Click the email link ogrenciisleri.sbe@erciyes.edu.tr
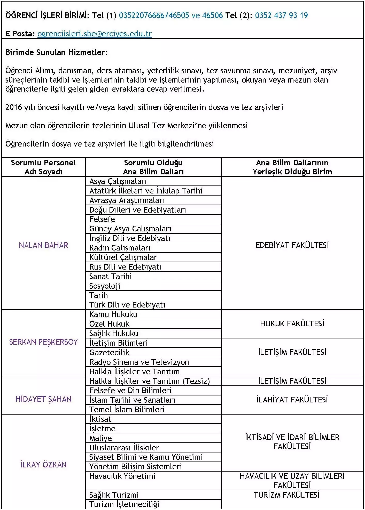(95, 34)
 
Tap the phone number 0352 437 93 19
(281, 15)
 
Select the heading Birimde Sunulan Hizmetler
(56, 52)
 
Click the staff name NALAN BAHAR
(43, 245)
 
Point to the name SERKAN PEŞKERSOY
(43, 342)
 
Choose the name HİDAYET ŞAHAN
(43, 399)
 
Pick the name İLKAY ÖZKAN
(43, 465)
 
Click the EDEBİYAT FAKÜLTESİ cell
(292, 245)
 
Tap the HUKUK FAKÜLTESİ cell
(292, 324)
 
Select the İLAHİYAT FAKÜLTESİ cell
(292, 400)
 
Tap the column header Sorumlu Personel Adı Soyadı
(43, 167)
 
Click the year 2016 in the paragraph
(13, 107)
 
